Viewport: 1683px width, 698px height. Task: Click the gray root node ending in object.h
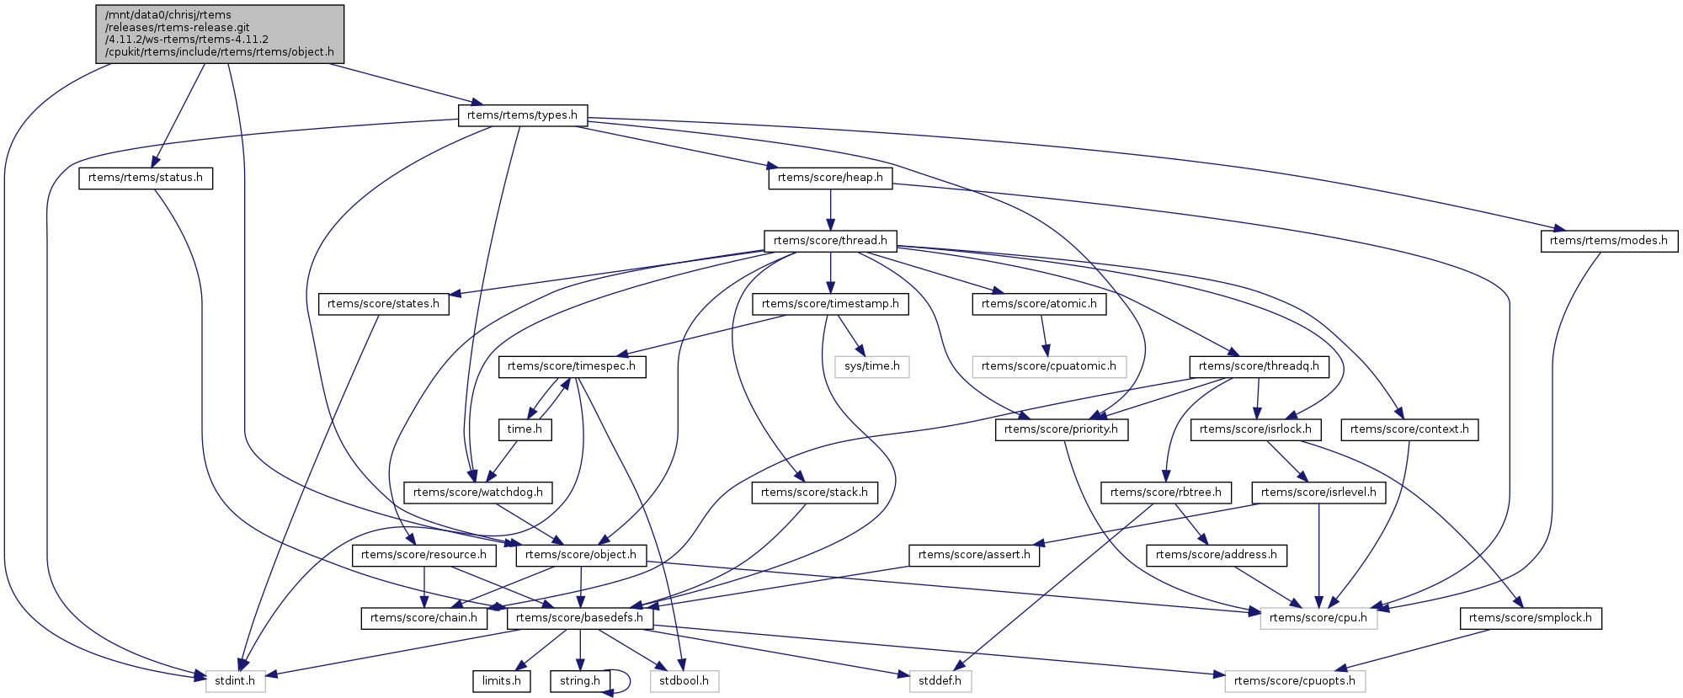220,33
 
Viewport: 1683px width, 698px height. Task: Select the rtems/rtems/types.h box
522,115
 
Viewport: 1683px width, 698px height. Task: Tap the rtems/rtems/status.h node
146,178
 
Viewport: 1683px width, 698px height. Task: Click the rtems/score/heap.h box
830,178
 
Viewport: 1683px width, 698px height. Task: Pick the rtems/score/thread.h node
830,241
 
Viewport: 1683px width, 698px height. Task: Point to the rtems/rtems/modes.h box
1608,241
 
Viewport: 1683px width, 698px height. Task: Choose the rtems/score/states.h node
383,304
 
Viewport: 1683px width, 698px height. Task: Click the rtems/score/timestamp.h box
830,304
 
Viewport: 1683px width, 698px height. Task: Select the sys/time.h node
872,366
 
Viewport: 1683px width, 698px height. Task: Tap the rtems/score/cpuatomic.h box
1048,366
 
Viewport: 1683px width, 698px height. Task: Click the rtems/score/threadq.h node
1259,366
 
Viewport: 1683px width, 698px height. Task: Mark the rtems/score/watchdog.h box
477,493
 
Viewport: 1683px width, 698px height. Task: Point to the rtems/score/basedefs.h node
579,618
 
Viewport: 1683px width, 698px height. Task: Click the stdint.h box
235,681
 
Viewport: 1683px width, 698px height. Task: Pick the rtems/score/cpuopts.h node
1295,681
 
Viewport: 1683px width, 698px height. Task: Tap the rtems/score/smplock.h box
1530,618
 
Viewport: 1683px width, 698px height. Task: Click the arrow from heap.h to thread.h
830,210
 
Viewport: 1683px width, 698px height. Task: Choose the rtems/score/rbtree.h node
1165,493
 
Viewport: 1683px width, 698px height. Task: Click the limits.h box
502,681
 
